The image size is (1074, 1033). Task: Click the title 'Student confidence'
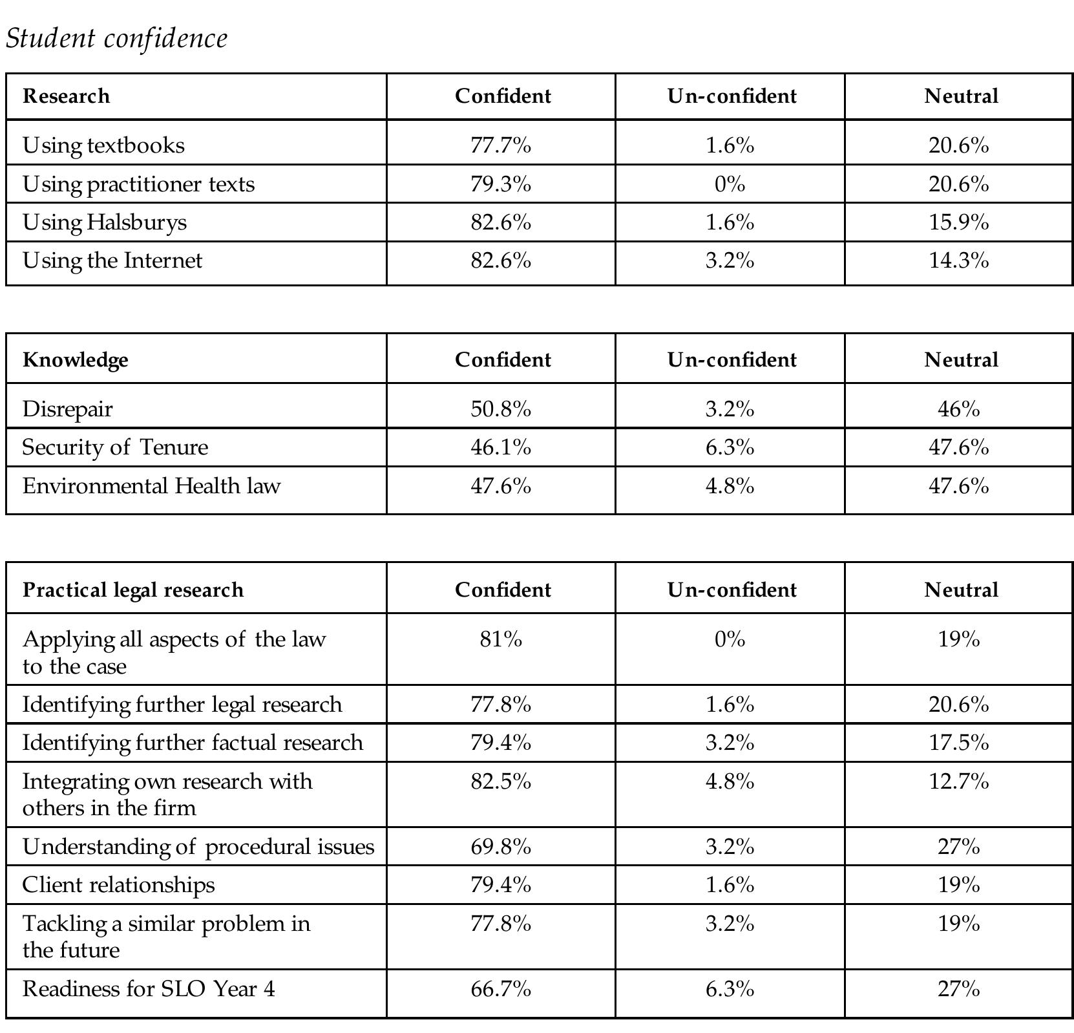(x=116, y=38)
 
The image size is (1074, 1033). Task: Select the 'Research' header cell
(x=66, y=96)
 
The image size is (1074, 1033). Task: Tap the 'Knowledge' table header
(x=75, y=359)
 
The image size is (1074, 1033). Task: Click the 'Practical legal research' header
(x=133, y=590)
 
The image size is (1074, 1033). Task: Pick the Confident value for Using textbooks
(x=501, y=145)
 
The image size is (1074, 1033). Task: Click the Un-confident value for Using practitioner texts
(x=730, y=184)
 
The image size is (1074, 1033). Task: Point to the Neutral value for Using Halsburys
(x=959, y=222)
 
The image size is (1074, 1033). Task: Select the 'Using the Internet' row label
(x=112, y=261)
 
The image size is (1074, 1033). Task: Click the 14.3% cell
(x=959, y=261)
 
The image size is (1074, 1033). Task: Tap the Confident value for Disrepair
(x=501, y=409)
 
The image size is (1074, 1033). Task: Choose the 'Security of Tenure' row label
(x=115, y=447)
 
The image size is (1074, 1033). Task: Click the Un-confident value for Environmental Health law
(x=730, y=486)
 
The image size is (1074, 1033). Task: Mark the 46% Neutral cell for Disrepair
(x=959, y=409)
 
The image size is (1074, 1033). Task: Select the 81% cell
(x=501, y=639)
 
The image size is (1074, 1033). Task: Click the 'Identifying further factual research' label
(x=193, y=743)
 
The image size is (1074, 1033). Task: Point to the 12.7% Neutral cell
(x=959, y=782)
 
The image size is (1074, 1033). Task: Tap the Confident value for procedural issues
(x=501, y=847)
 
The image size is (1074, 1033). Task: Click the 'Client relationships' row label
(x=118, y=885)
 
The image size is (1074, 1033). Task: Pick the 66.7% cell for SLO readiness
(x=501, y=989)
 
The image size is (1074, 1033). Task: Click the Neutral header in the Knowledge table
(x=961, y=359)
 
